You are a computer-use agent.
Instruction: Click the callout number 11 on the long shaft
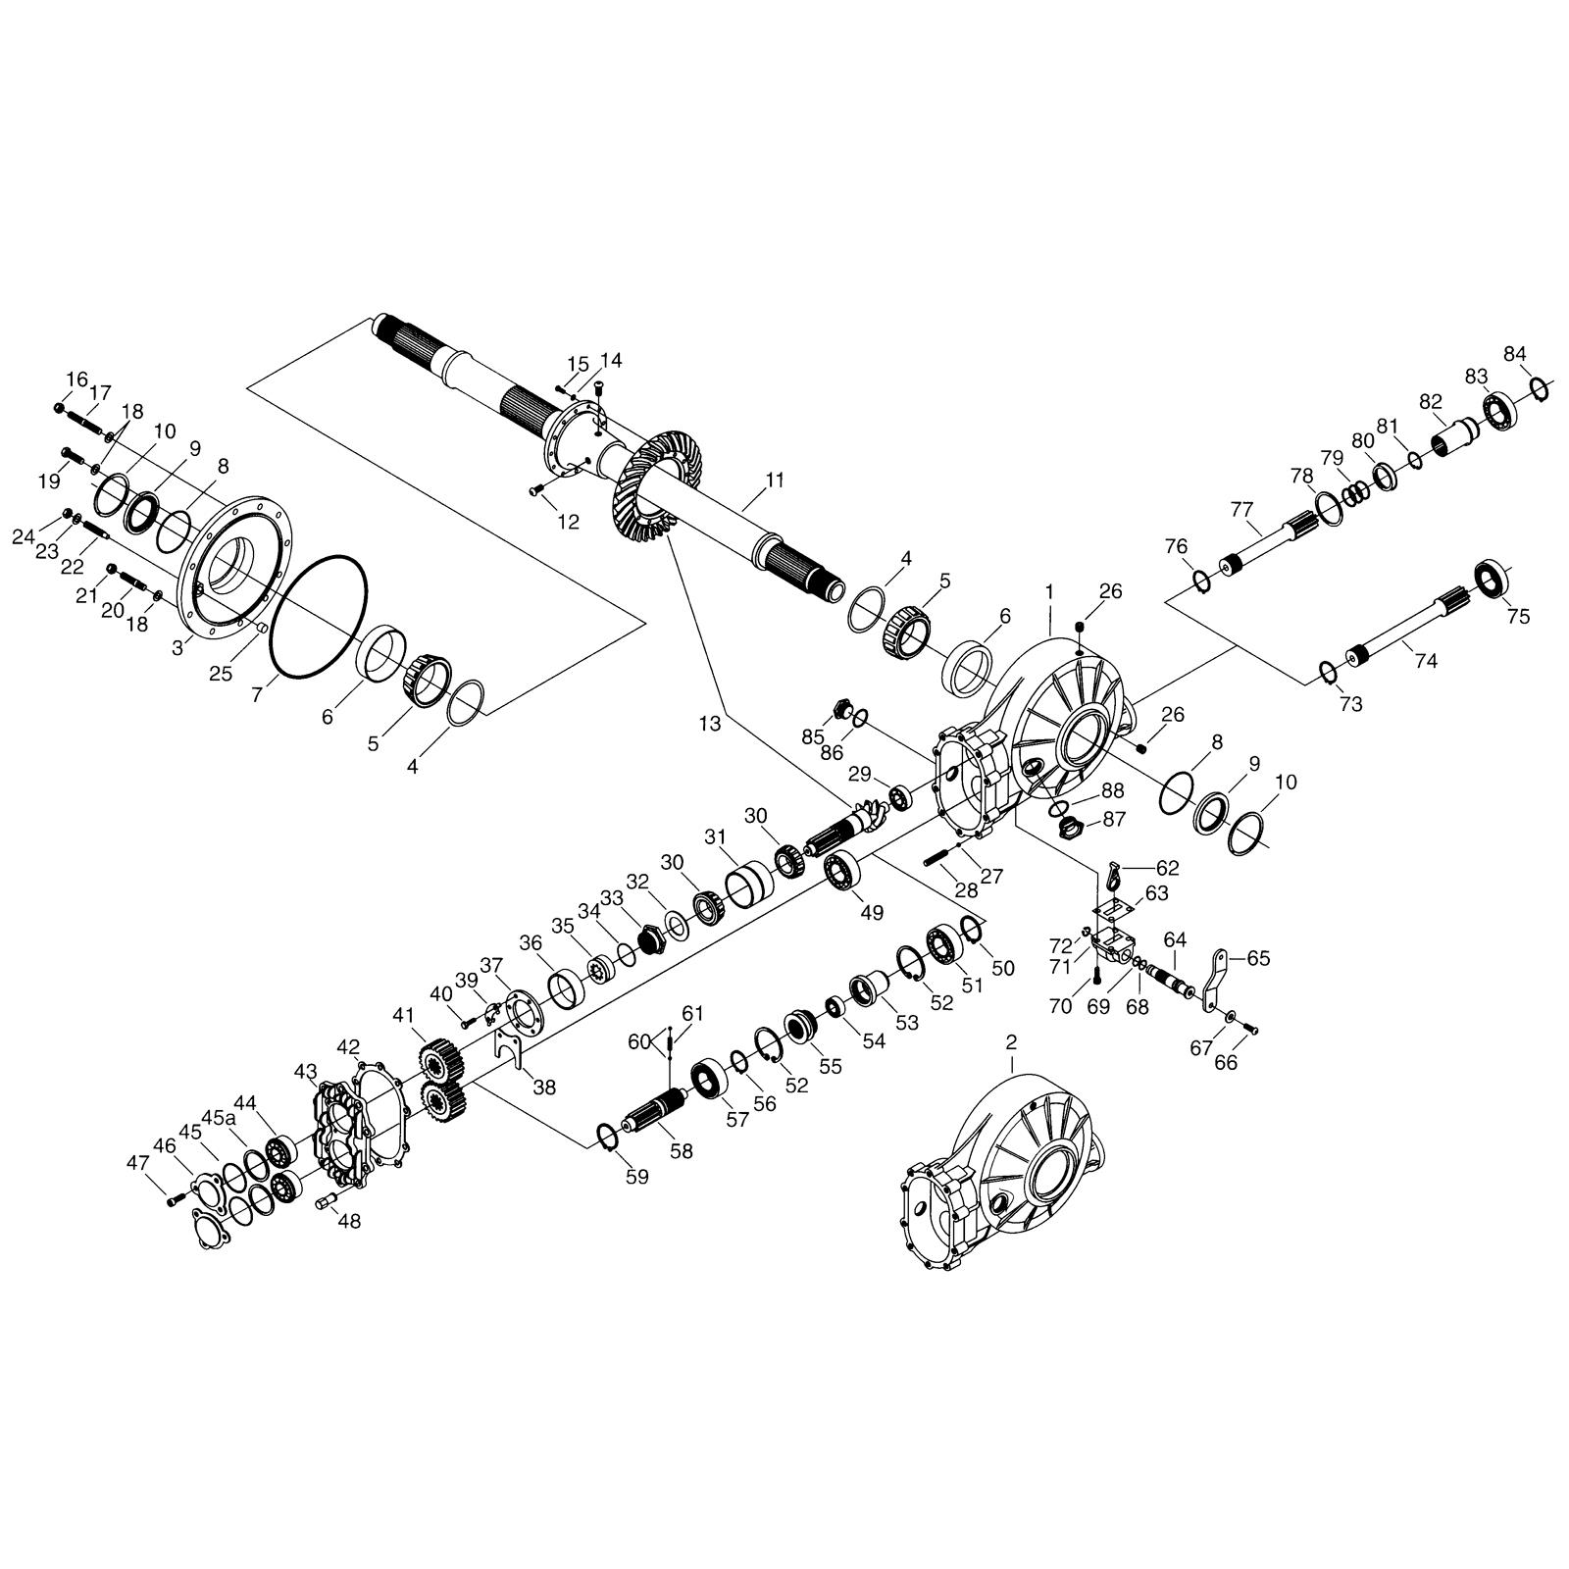[775, 481]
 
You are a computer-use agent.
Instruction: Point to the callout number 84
[1515, 353]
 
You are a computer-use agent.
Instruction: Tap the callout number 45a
[219, 1117]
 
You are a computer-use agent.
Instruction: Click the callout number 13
[710, 724]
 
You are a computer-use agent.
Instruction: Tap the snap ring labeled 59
[608, 1137]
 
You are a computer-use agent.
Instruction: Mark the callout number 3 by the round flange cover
[177, 648]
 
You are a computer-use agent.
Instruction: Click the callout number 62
[1167, 868]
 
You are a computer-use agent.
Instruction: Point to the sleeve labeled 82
[1455, 434]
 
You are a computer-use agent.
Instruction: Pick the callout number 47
[137, 1163]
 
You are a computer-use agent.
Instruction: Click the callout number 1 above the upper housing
[1049, 592]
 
